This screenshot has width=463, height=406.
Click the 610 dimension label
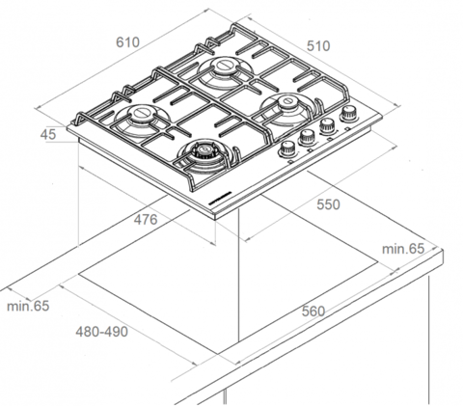127,42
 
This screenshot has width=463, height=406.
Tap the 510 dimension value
318,46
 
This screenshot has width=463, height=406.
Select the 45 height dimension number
48,134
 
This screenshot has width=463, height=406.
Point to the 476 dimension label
146,220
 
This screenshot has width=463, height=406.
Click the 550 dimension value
328,204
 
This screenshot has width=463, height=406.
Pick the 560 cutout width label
313,311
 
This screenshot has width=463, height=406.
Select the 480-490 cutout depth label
101,332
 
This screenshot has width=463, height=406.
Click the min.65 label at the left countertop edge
28,306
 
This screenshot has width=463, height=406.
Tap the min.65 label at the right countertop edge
403,249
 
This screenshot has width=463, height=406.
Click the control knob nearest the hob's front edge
287,149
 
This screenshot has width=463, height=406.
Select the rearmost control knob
349,114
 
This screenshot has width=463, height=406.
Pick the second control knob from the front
308,138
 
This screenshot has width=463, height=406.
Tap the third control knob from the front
328,125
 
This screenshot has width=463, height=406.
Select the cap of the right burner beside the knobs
287,102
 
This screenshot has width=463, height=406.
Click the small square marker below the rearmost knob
347,129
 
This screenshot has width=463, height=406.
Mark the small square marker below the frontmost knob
290,162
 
